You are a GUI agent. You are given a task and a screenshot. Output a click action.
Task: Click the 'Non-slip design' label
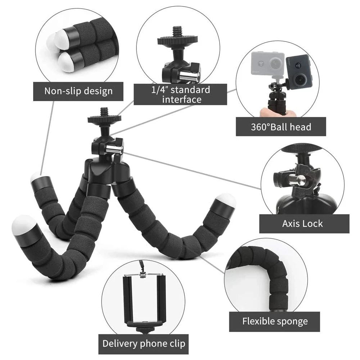coord(78,91)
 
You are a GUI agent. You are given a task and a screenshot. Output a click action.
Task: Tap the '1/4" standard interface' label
coord(180,94)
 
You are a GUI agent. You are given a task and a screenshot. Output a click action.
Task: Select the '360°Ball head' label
coord(281,127)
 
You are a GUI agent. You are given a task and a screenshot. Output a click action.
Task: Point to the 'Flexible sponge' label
coord(275,321)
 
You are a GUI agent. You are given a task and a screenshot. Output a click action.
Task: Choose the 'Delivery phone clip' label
coord(144,343)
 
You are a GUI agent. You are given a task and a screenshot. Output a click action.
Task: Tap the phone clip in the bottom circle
coord(143,299)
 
